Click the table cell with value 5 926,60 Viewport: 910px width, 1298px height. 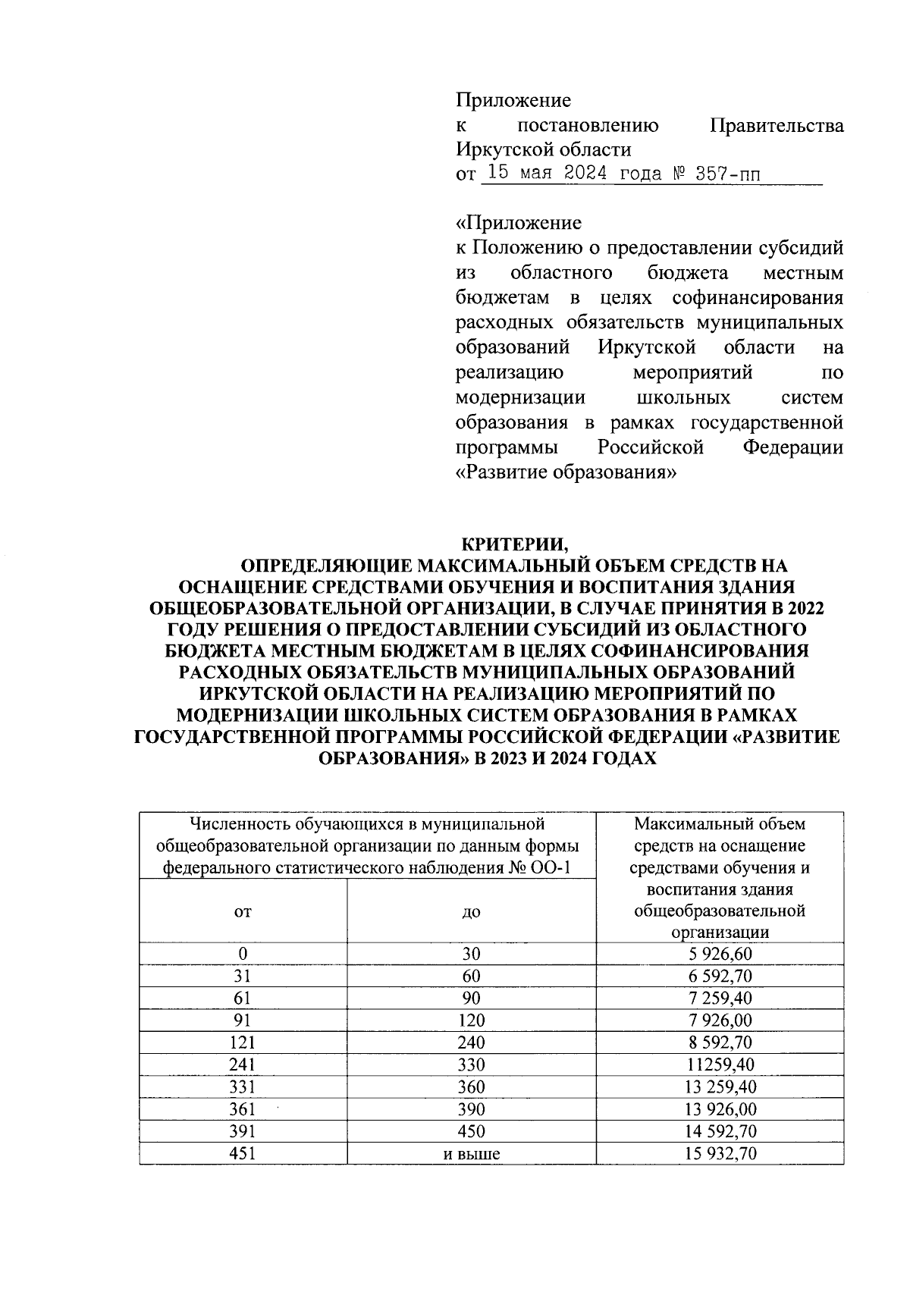(720, 954)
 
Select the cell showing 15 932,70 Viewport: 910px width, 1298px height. (720, 1154)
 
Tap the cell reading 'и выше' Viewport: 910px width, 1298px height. (471, 1154)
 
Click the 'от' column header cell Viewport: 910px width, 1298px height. (243, 911)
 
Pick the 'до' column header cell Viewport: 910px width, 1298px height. (471, 911)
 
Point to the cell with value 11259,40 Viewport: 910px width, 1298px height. (720, 1064)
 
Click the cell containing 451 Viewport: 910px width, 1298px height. (243, 1154)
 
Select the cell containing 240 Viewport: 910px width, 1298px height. (471, 1042)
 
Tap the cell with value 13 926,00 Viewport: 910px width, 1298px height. (720, 1109)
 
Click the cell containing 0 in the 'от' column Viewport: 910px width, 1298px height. (243, 954)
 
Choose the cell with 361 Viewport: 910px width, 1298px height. (243, 1109)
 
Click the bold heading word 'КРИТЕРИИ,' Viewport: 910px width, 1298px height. (515, 544)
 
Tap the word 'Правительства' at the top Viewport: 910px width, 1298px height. (776, 125)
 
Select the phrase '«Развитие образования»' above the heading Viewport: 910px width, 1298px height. (566, 472)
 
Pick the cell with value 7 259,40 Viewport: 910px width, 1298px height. (720, 998)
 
